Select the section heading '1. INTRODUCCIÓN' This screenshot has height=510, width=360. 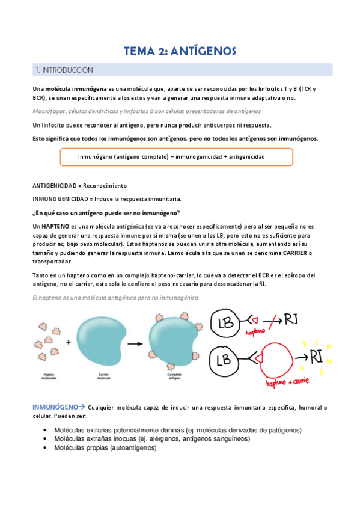click(x=64, y=70)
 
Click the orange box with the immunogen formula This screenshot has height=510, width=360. click(x=177, y=156)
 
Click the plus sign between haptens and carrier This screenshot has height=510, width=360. click(x=69, y=343)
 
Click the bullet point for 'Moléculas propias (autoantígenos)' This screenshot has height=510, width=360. click(x=46, y=447)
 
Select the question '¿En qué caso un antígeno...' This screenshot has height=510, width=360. click(x=105, y=212)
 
